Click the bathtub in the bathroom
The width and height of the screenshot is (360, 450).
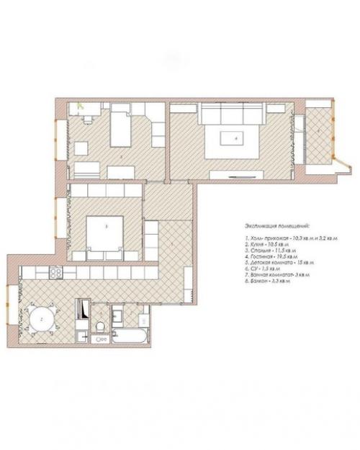click(131, 336)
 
